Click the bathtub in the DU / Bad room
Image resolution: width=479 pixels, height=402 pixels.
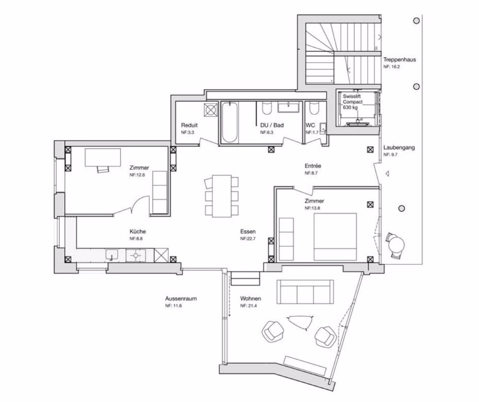[229, 123]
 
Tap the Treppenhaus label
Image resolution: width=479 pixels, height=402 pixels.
[399, 59]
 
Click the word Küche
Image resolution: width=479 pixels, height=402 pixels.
[137, 231]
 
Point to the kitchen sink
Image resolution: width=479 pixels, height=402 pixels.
[112, 255]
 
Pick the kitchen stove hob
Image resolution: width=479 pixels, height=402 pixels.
[136, 255]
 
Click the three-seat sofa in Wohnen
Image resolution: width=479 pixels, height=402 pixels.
[305, 291]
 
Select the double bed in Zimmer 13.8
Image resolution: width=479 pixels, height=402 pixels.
[335, 237]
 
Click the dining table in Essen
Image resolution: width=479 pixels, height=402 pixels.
[222, 196]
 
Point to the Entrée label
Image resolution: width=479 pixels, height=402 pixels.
[313, 166]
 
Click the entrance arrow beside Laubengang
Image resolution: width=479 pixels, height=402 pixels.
[387, 174]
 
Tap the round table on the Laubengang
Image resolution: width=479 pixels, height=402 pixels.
[396, 244]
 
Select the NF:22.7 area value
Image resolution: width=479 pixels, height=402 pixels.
[248, 239]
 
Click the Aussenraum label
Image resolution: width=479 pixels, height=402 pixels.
[181, 299]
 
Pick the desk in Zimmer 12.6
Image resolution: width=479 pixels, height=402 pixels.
[103, 158]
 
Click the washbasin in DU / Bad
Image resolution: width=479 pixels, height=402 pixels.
[288, 107]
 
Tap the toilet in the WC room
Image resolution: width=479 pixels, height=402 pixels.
[313, 108]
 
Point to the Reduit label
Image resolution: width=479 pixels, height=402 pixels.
[189, 125]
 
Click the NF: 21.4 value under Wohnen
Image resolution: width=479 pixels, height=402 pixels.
[248, 306]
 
